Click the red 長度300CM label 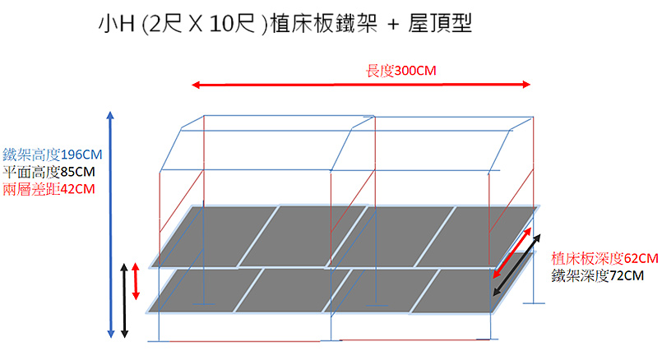point(400,71)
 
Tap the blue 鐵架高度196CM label point(53,155)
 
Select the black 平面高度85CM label point(49,172)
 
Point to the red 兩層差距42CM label point(49,189)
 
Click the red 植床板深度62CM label point(604,258)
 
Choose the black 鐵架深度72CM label point(597,275)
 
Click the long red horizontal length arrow point(361,85)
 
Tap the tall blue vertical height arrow point(111,225)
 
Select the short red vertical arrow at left point(136,281)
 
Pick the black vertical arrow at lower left point(124,301)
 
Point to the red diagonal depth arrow point(512,253)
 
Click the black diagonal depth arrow point(516,265)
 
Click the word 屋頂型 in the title point(440,23)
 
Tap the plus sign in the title point(392,25)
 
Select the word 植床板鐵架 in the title point(323,23)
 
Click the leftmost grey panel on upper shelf point(215,237)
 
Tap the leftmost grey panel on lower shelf point(205,290)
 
